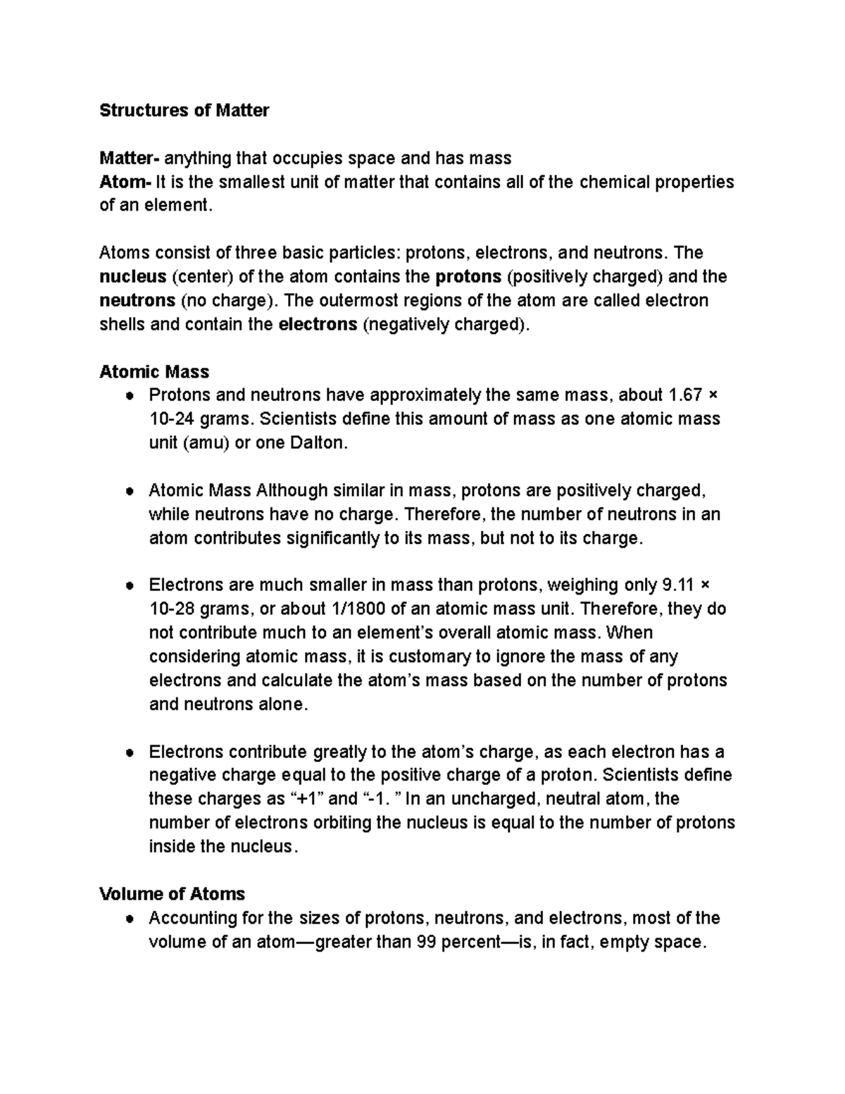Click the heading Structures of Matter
tap(184, 111)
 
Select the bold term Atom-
tap(125, 182)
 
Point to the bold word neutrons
tap(137, 300)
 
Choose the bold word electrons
tap(318, 325)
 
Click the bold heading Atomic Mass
tap(154, 371)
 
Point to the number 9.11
tap(679, 585)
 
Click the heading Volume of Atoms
tap(172, 894)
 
